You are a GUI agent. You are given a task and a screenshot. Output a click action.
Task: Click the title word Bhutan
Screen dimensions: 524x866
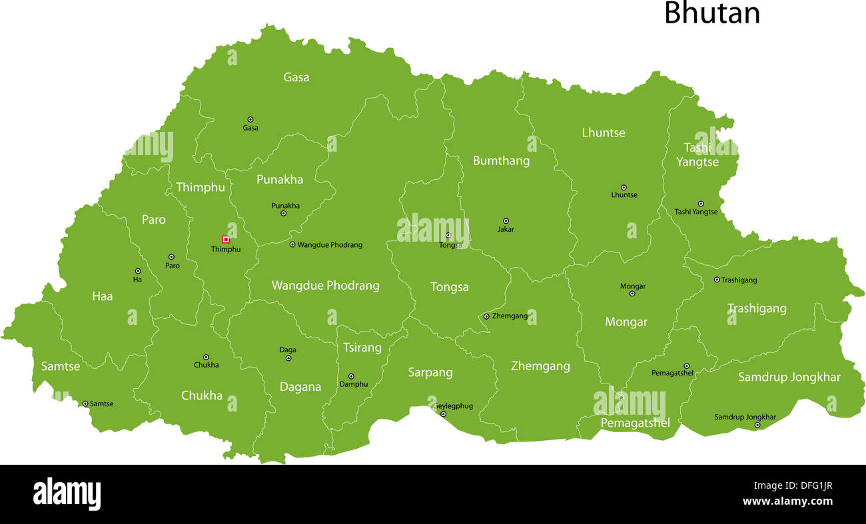click(711, 13)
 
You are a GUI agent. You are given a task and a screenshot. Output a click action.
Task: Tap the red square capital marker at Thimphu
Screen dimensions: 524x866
click(226, 239)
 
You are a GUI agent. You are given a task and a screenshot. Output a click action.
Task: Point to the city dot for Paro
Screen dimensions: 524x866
click(171, 256)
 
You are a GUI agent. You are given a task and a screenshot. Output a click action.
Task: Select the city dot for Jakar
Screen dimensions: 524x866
click(506, 220)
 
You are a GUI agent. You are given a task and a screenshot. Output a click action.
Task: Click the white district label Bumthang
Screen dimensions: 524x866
click(501, 160)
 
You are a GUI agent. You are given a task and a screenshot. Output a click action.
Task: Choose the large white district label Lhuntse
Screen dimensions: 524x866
click(604, 132)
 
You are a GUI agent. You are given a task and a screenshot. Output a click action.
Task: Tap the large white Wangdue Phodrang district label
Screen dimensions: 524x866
click(325, 286)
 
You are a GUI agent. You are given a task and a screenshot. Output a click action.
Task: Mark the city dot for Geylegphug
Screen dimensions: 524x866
click(443, 414)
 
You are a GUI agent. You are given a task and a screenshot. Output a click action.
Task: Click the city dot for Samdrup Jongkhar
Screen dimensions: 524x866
click(757, 425)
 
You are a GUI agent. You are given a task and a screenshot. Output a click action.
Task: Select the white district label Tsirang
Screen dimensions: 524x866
click(362, 348)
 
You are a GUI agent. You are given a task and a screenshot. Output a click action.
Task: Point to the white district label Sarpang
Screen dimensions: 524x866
click(430, 372)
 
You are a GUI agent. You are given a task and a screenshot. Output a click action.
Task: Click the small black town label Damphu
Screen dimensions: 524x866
click(354, 384)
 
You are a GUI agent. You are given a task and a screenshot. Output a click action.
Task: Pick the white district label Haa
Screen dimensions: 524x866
click(103, 296)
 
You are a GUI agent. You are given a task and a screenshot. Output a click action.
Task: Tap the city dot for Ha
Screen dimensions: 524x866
click(138, 271)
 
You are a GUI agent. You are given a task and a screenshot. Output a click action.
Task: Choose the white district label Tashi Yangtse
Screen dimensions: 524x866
click(697, 154)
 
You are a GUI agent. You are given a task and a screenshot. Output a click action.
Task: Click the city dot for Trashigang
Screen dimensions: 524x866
click(717, 280)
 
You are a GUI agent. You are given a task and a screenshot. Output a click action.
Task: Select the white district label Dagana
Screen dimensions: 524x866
click(300, 387)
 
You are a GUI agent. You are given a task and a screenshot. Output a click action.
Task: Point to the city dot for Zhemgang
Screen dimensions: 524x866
click(486, 316)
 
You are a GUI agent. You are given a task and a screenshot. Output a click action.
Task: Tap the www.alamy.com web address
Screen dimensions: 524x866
click(787, 501)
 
